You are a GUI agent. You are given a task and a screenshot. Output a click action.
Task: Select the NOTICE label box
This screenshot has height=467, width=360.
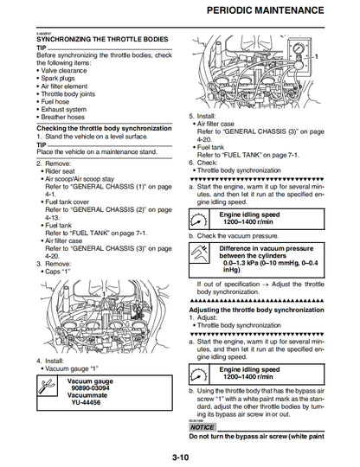pyautogui.click(x=202, y=427)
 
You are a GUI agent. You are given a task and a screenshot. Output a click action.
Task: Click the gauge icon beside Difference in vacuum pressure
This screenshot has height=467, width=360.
pyautogui.click(x=202, y=256)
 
